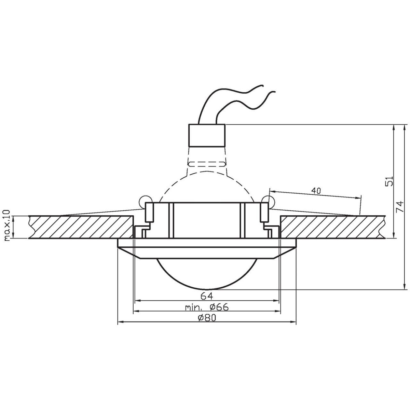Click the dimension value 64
[207, 295]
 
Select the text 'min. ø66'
[206, 307]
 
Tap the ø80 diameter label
[207, 318]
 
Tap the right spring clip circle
[269, 200]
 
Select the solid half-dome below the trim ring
[207, 273]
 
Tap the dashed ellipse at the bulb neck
[207, 164]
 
